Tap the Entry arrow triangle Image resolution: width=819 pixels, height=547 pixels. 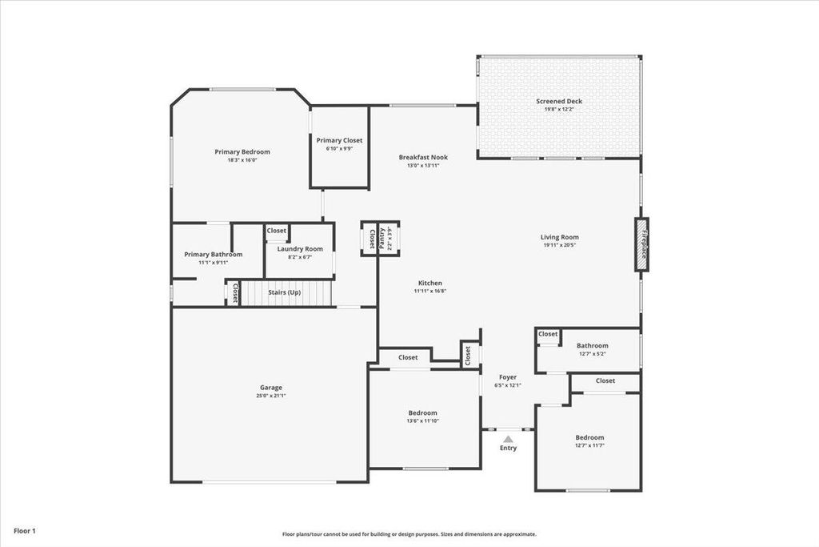pos(508,438)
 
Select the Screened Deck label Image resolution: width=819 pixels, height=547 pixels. pos(559,102)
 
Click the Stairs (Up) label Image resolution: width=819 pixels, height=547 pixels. pos(284,292)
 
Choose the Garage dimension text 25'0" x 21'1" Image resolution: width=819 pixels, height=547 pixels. pos(269,396)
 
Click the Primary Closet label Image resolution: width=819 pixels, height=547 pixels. pos(339,140)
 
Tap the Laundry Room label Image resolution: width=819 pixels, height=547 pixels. pos(300,249)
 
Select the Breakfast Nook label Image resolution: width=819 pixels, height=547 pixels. pos(423,157)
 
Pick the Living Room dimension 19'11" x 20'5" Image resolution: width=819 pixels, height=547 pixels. pos(559,245)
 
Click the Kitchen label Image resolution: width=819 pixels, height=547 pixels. pos(429,284)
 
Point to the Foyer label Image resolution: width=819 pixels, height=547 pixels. pos(508,376)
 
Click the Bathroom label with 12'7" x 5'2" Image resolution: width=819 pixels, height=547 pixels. pos(593,346)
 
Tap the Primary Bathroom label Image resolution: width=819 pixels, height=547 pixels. pos(213,254)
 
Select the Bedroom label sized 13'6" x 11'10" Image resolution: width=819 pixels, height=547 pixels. pos(423,412)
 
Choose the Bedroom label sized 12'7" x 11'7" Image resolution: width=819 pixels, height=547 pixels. pos(589,437)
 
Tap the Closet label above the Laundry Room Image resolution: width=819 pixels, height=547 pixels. pos(277,231)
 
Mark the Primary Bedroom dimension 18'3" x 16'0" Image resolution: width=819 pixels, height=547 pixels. pos(242,160)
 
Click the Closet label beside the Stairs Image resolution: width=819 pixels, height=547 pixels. pos(234,293)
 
